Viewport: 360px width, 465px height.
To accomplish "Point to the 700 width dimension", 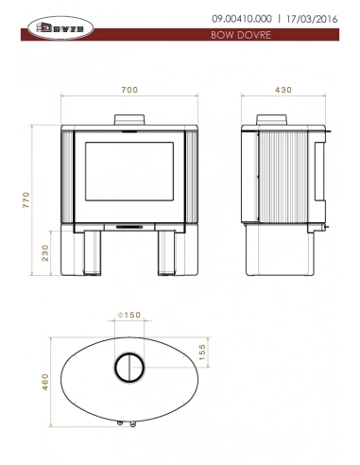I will [130, 90].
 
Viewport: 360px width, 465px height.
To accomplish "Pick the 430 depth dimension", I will [282, 90].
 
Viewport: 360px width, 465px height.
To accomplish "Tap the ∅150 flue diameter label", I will [129, 315].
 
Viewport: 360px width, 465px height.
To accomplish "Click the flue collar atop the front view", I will [130, 119].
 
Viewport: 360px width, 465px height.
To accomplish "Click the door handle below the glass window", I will [130, 226].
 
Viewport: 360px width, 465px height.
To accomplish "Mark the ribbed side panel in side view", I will [283, 175].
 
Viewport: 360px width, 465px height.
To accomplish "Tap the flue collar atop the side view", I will [275, 120].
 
